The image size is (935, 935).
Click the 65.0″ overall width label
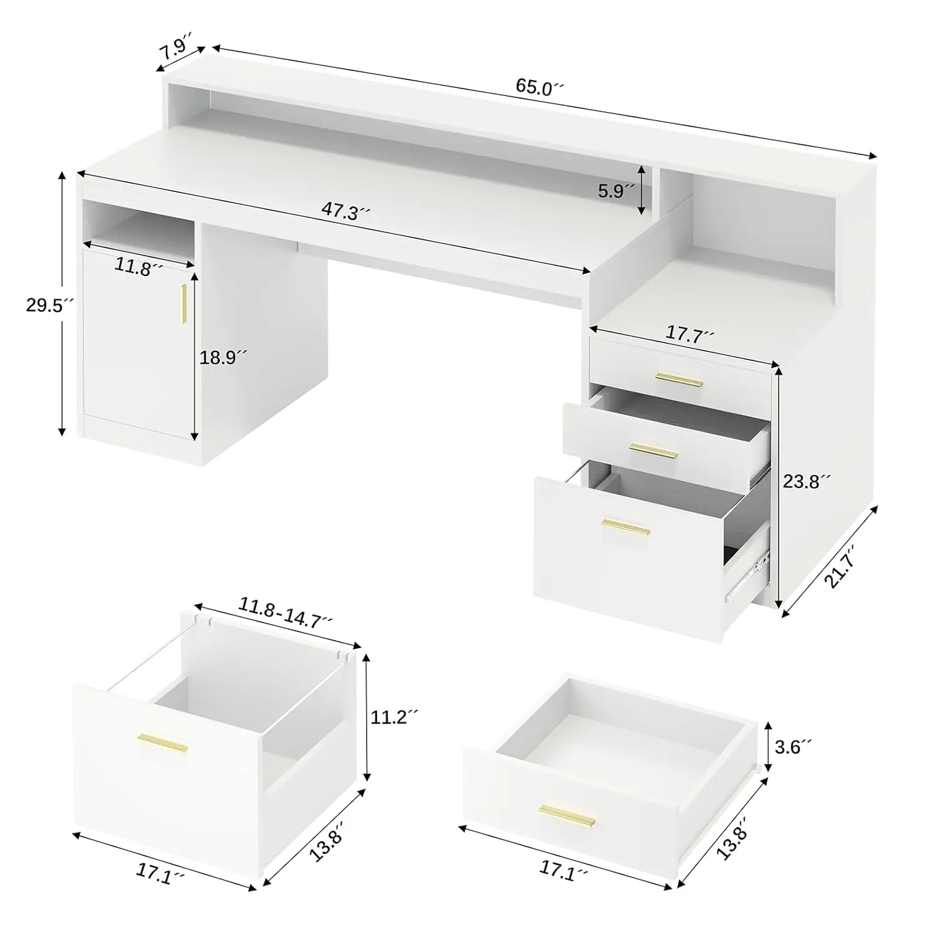coord(539,87)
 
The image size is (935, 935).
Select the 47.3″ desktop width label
coord(346,212)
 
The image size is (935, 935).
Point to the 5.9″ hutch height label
coord(615,191)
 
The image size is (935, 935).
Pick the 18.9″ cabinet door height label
coord(223,358)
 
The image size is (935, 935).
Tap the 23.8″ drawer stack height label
coord(807,481)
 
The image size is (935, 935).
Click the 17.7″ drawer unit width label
coord(689,334)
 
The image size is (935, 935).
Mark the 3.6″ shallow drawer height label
coord(793,746)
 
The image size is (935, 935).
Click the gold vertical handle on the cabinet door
coord(184,304)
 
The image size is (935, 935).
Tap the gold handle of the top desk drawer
coord(679,379)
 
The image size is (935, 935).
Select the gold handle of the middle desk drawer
coord(653,450)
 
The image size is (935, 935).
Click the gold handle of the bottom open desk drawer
coord(626,528)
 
